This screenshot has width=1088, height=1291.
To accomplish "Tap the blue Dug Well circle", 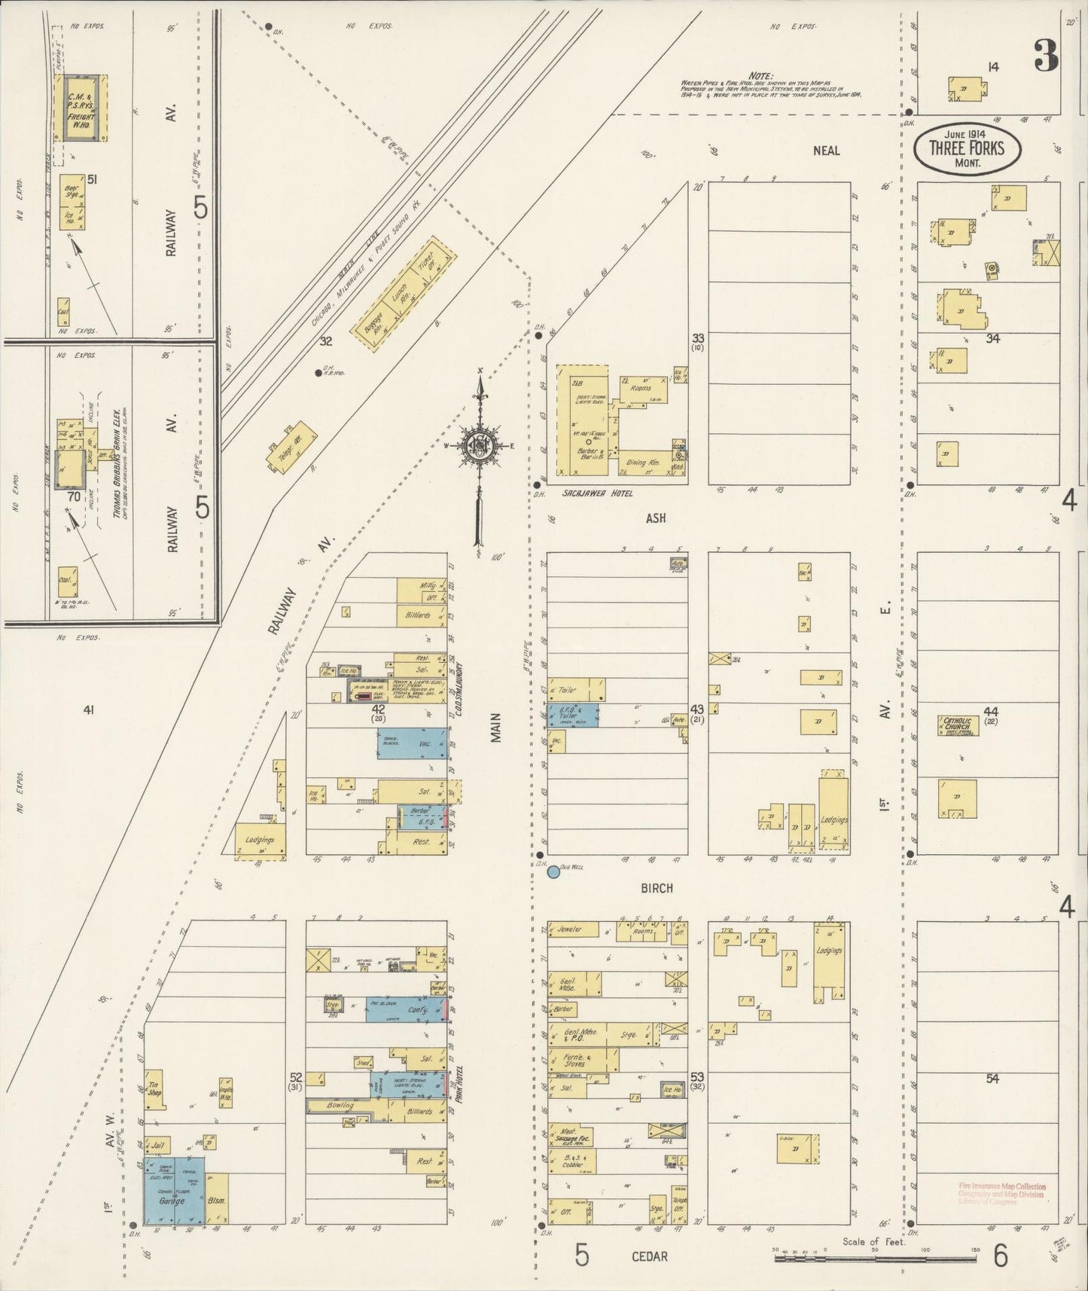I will coord(553,872).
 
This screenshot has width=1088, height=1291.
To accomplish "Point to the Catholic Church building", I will coord(958,725).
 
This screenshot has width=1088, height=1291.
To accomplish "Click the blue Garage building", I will coord(173,1201).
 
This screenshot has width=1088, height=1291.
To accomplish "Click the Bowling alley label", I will coord(340,1105).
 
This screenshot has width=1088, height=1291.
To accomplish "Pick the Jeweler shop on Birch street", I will coord(571,929).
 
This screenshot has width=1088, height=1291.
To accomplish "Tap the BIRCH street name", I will coord(657,888).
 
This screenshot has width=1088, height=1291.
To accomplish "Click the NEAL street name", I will coord(826,151).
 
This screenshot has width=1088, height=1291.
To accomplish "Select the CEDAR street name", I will coord(648,1256).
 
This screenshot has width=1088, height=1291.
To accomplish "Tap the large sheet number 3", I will coord(1046,55).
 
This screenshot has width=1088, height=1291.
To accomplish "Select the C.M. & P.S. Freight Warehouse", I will coord(80,107).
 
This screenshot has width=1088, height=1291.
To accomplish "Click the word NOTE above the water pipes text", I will coord(761,75).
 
